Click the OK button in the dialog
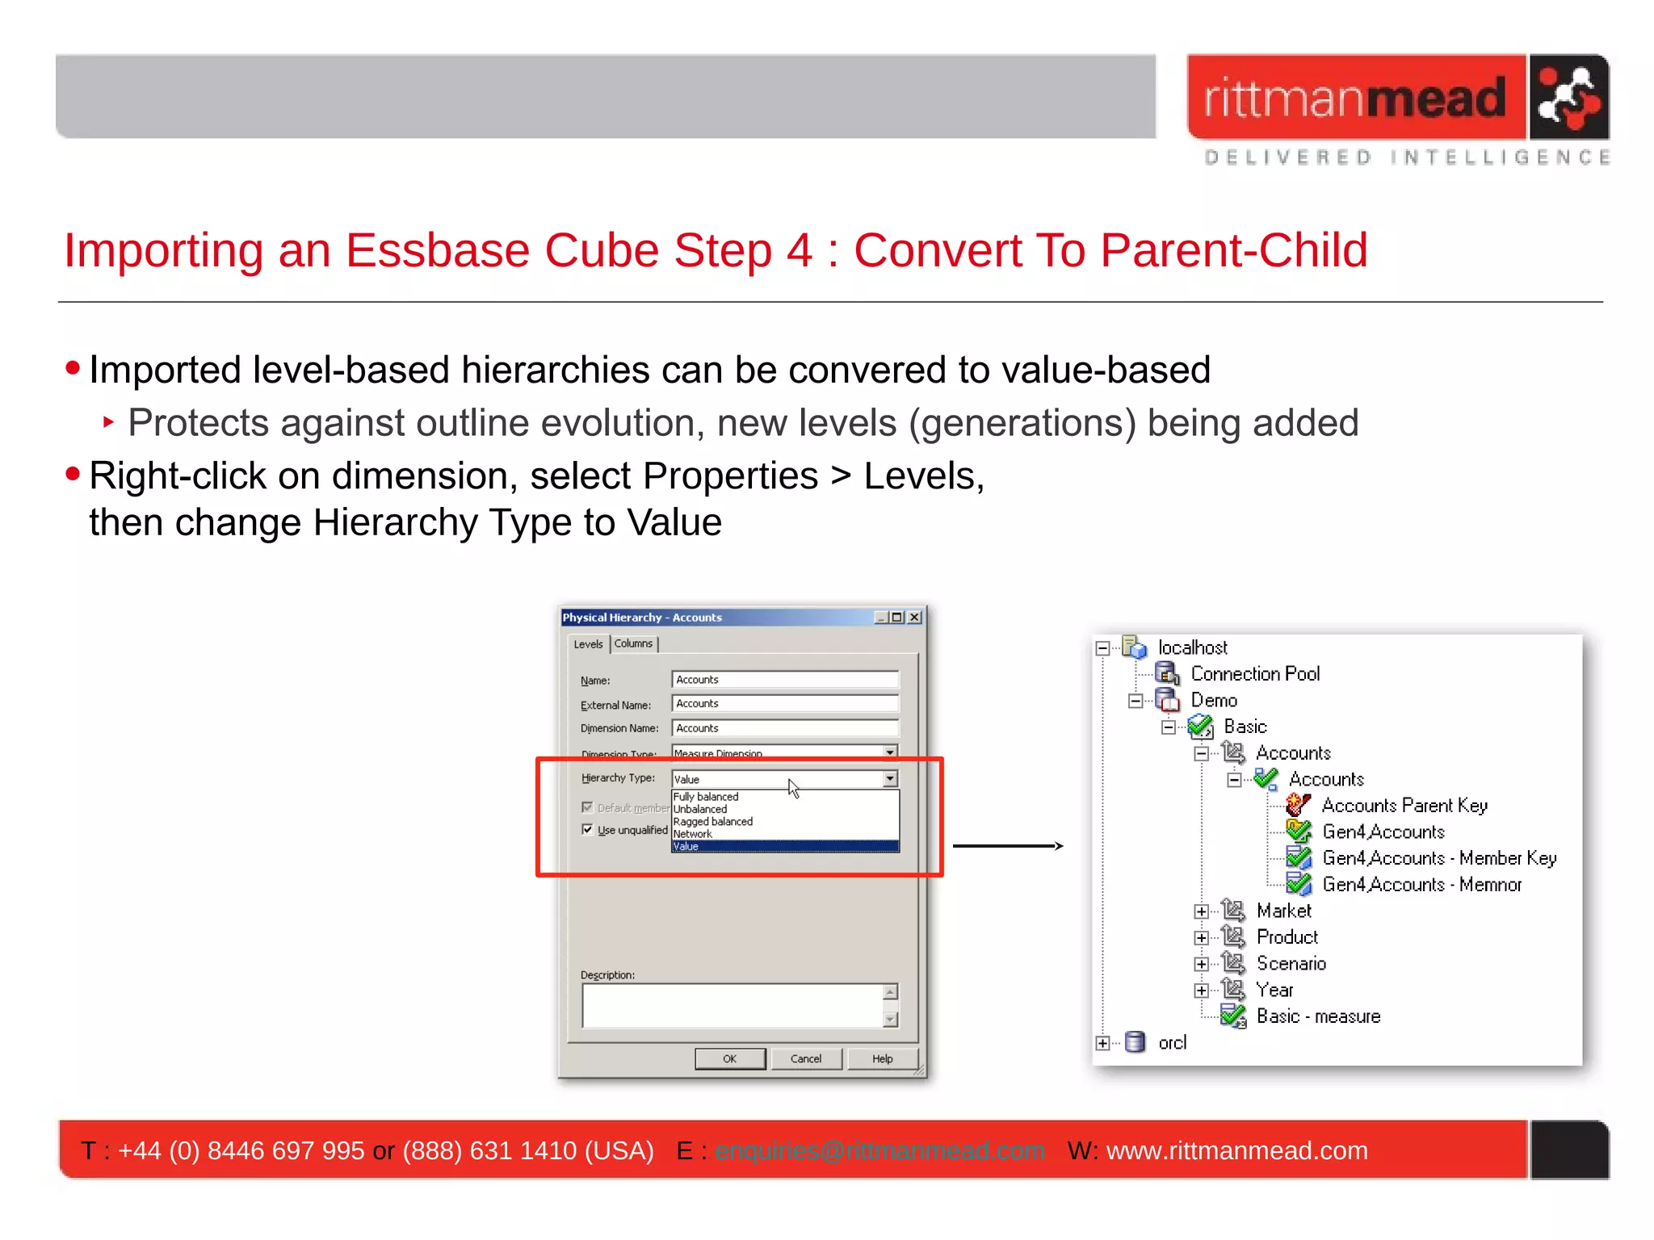point(729,1058)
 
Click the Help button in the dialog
point(882,1058)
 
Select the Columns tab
point(633,643)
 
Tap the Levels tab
point(588,644)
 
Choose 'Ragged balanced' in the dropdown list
point(712,822)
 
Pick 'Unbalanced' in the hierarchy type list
point(699,809)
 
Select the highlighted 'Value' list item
point(783,846)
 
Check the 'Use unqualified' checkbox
point(587,829)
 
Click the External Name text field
point(784,704)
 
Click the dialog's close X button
point(914,618)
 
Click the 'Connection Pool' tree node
point(1255,673)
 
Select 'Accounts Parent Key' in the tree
point(1404,805)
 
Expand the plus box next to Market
point(1202,911)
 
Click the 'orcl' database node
point(1172,1042)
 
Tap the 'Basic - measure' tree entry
point(1318,1016)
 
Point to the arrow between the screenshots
point(1008,846)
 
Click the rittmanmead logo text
point(1354,98)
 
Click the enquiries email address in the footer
point(879,1150)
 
